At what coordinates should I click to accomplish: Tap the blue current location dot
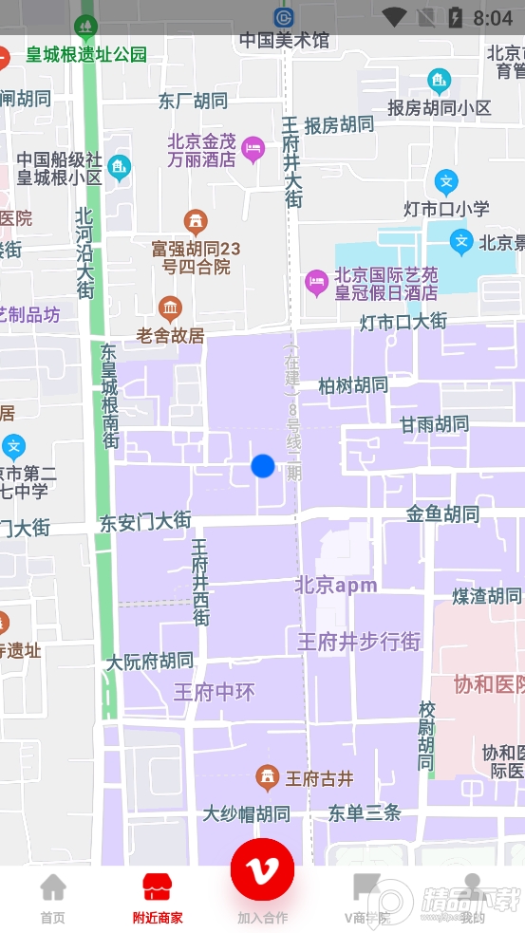(x=262, y=466)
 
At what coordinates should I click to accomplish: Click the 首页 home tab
(x=53, y=898)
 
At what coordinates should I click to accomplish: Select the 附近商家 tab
(x=158, y=898)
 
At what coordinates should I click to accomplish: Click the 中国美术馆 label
(x=284, y=40)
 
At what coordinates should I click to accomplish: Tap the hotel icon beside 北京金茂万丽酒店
(x=253, y=147)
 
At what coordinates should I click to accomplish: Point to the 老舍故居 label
(x=171, y=335)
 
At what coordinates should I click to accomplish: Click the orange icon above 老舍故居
(x=171, y=308)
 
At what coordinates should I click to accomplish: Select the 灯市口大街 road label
(x=403, y=322)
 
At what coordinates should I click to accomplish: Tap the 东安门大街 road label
(x=145, y=521)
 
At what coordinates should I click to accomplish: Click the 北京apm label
(x=336, y=585)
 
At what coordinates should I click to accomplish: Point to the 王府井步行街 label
(x=359, y=642)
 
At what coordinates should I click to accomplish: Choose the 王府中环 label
(x=215, y=692)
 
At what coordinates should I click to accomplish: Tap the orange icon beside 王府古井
(x=268, y=778)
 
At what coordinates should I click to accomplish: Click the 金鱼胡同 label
(x=442, y=514)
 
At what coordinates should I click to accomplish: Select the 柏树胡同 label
(x=353, y=385)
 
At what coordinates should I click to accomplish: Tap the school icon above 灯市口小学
(x=446, y=181)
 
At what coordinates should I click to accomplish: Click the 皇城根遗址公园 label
(x=87, y=55)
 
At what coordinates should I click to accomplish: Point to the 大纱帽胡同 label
(x=247, y=813)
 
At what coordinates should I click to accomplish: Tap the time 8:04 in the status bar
(x=492, y=17)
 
